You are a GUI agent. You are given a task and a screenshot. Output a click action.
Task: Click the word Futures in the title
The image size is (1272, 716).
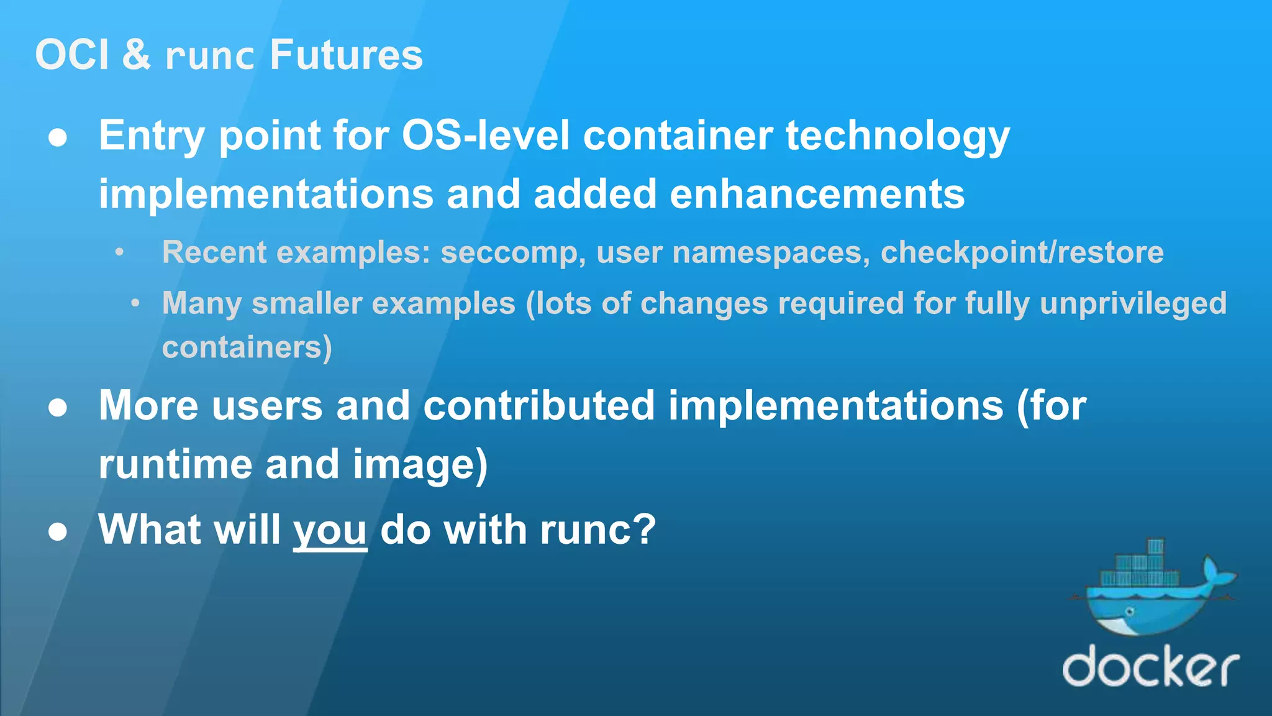click(346, 55)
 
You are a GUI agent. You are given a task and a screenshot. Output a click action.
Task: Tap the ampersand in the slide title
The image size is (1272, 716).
click(137, 55)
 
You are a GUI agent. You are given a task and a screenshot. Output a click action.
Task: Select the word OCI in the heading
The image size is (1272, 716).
click(72, 55)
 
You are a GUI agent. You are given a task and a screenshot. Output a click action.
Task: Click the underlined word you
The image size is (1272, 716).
click(330, 530)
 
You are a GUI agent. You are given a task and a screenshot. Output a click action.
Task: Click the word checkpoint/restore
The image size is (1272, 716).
click(1022, 252)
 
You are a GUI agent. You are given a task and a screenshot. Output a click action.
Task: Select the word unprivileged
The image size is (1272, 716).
click(1133, 304)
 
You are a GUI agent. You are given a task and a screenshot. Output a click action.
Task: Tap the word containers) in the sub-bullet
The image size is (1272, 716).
click(247, 347)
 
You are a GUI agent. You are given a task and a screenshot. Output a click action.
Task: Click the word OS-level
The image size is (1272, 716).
click(485, 135)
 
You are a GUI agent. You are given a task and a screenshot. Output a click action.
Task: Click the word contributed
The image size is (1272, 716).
click(538, 406)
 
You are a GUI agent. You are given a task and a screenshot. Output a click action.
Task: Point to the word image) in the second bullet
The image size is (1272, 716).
click(420, 465)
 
